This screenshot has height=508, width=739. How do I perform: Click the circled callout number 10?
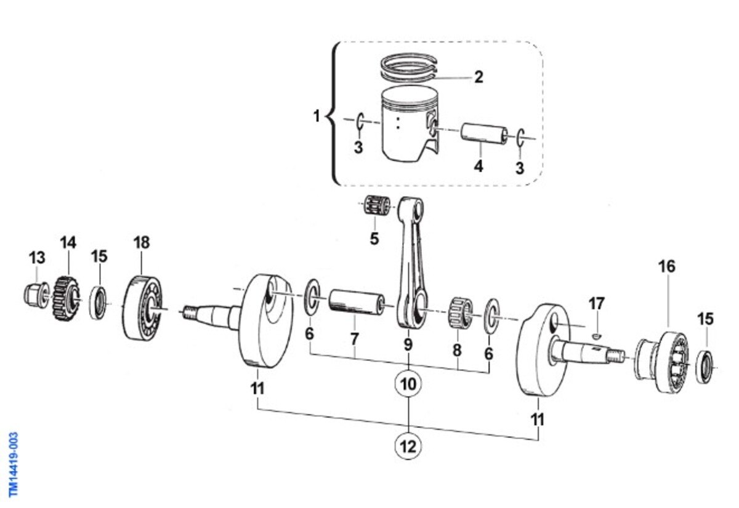408,384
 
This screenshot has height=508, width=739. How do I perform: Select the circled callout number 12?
408,446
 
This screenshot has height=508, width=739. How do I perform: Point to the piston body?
410,124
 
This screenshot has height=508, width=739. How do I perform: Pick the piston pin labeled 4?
484,133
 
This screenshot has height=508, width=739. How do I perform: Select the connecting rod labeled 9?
411,262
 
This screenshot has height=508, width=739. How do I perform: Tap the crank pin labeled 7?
357,302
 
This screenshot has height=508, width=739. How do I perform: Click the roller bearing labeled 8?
461,311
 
